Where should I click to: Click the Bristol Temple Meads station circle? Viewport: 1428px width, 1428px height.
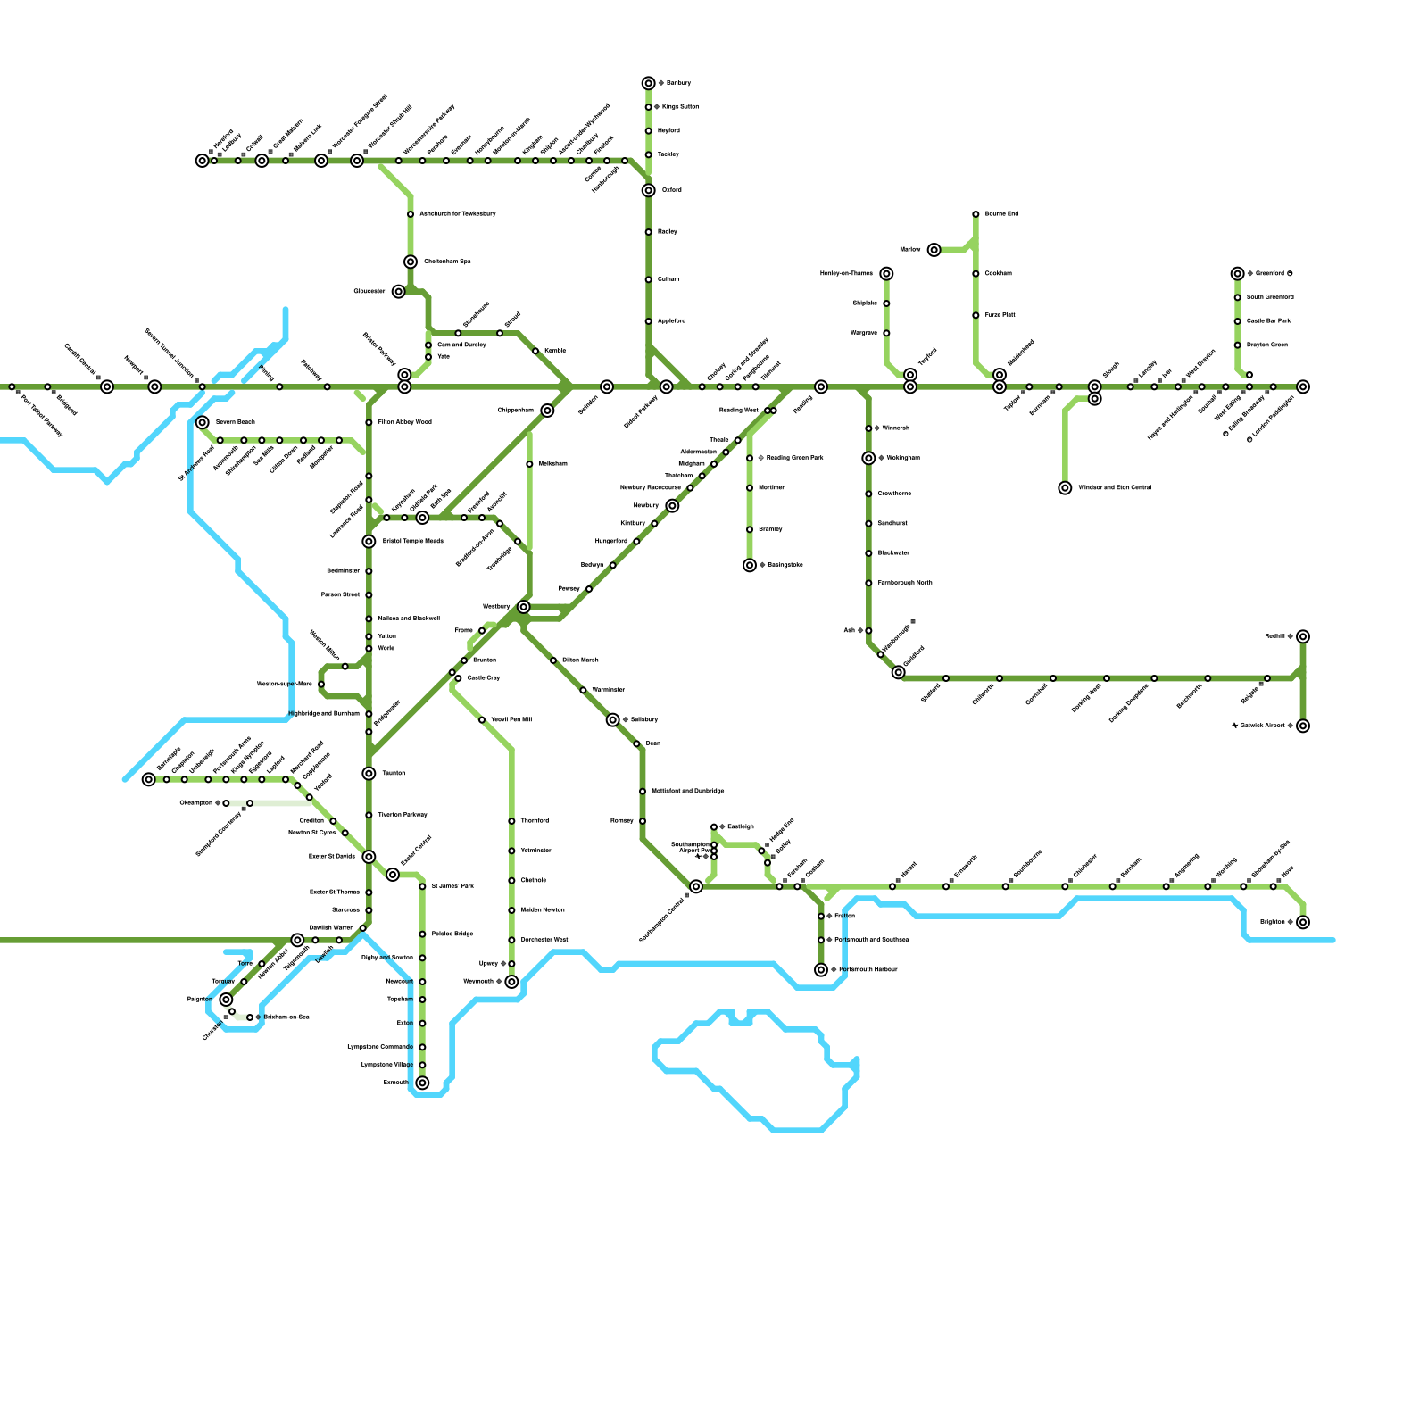coord(369,542)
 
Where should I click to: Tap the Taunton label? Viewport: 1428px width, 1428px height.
coord(394,773)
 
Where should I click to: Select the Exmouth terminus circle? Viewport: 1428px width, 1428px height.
coord(422,1083)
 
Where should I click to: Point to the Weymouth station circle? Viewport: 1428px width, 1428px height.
coord(511,982)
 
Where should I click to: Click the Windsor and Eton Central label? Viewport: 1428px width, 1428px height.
coord(1114,488)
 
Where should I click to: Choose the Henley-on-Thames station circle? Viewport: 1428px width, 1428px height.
coord(886,274)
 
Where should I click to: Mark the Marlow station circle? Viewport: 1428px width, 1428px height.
coord(934,250)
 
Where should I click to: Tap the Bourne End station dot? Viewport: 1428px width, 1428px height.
coord(976,214)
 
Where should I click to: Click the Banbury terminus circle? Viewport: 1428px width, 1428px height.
coord(648,83)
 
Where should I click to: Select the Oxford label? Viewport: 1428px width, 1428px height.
coord(672,190)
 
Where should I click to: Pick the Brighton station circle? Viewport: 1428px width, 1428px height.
coord(1303,922)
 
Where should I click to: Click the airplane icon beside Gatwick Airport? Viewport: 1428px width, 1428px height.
coord(1234,726)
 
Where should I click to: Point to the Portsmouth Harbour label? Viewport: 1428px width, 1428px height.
coord(868,970)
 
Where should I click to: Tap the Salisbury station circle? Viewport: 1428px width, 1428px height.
coord(612,719)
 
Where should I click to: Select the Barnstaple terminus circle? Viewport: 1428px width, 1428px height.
coord(148,779)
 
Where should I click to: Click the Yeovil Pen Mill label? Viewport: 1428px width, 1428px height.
coord(511,719)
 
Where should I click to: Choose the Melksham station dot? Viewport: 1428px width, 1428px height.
coord(529,464)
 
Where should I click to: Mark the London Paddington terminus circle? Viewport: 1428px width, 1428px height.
coord(1303,386)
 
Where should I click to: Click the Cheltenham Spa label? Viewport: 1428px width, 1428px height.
coord(447,262)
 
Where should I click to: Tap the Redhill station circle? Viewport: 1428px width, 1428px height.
coord(1303,636)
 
